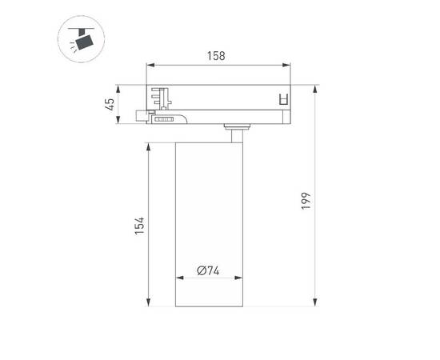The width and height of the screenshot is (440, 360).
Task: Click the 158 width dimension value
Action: [x=216, y=56]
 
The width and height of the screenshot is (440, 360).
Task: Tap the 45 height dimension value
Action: [x=111, y=103]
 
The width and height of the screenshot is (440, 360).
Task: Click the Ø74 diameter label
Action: [x=209, y=270]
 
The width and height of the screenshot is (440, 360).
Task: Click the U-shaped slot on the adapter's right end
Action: [x=281, y=99]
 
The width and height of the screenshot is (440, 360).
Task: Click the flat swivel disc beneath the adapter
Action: [x=238, y=126]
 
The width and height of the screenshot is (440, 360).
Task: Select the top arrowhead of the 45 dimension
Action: [x=120, y=86]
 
